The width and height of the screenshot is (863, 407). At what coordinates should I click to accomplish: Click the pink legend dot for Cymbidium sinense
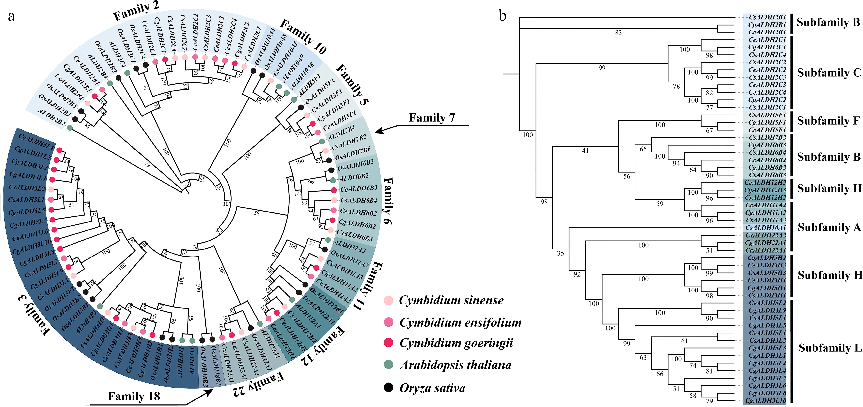pos(388,300)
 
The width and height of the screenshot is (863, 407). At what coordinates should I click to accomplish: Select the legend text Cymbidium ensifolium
pos(461,322)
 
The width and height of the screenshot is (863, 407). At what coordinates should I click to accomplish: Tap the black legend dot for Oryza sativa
pos(388,388)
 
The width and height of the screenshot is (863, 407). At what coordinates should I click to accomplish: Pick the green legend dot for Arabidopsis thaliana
pos(388,365)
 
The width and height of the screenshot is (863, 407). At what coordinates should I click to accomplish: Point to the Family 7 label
pos(432,118)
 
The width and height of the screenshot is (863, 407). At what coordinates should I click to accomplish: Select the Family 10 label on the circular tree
pos(303,37)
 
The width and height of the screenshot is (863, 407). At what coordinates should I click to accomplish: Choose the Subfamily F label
pos(828,121)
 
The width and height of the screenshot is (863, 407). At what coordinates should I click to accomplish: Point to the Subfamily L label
pos(829,348)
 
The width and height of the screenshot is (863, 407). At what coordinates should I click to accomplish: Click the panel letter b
pos(503,15)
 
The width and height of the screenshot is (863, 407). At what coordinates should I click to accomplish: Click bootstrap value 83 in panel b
pos(618,33)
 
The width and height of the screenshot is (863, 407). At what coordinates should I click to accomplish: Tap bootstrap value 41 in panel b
pos(585,151)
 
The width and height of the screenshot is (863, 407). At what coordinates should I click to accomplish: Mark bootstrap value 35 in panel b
pos(560,253)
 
